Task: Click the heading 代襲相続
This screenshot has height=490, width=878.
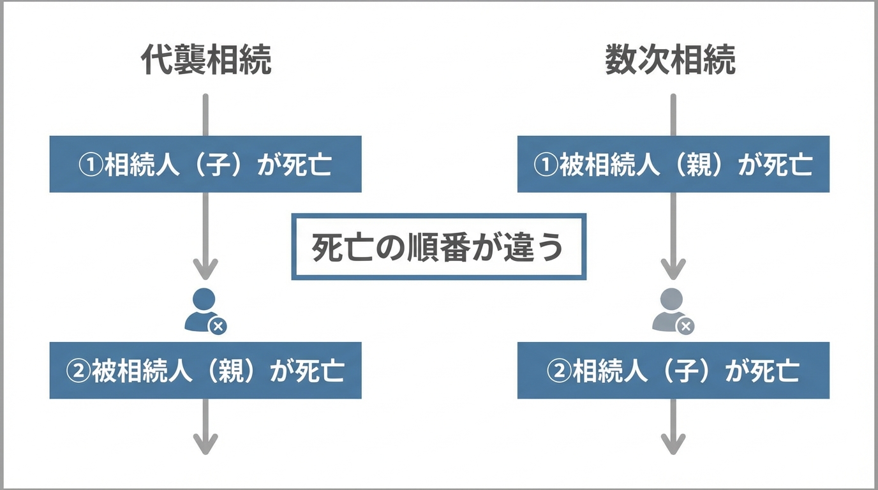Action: tap(205, 61)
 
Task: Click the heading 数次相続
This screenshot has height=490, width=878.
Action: tap(670, 61)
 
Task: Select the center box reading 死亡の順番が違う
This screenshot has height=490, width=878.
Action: tap(438, 247)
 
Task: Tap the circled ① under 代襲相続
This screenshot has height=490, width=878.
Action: tap(91, 165)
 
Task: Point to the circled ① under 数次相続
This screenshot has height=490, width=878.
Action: tap(546, 165)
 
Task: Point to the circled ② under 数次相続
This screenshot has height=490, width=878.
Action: tap(558, 371)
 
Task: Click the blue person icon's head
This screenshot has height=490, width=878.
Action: tap(204, 299)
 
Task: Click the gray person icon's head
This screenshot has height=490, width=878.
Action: tap(673, 299)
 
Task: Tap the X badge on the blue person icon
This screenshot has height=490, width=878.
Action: tap(218, 327)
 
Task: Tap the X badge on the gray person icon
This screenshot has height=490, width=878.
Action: tap(686, 327)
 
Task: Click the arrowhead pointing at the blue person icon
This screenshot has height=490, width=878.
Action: tap(205, 269)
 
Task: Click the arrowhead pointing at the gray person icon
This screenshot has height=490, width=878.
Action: tap(673, 269)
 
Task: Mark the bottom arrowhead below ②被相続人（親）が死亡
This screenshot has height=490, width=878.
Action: tap(205, 444)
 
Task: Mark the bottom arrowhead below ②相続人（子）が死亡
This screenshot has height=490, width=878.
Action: tap(673, 444)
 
